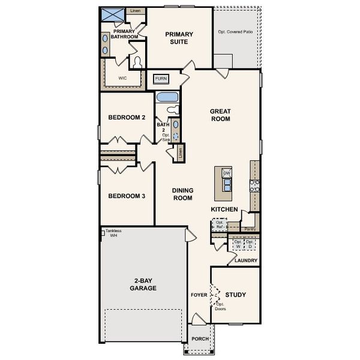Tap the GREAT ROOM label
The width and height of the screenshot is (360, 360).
click(x=220, y=115)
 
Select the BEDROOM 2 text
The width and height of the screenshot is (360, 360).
click(x=127, y=118)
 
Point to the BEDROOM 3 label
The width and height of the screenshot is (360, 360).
click(x=127, y=196)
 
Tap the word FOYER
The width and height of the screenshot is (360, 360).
click(x=199, y=295)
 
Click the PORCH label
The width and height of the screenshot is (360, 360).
click(x=200, y=339)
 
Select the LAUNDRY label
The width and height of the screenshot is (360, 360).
click(x=246, y=260)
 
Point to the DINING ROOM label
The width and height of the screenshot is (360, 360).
click(x=182, y=194)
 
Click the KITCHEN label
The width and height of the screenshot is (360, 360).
click(x=224, y=209)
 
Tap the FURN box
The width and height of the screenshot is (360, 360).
click(x=161, y=79)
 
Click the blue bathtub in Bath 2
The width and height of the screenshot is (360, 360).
click(x=166, y=98)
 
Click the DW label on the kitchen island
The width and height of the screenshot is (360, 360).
click(x=227, y=173)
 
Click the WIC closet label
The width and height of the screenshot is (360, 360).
click(x=122, y=78)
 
